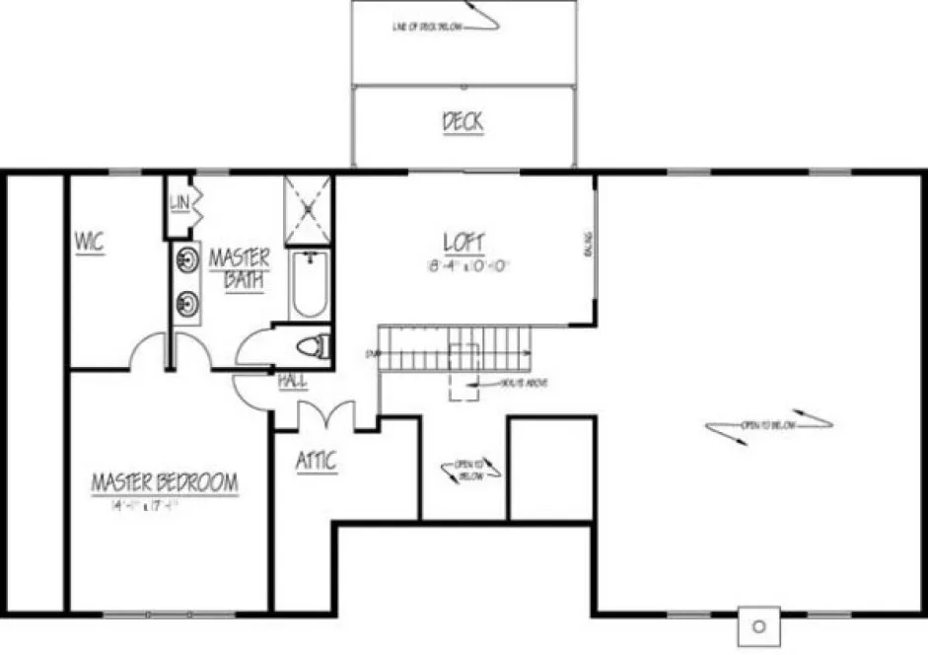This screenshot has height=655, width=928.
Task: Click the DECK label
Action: (x=463, y=122)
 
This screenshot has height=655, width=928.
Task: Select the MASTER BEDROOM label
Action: (x=165, y=483)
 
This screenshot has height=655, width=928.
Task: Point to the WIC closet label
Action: (x=90, y=240)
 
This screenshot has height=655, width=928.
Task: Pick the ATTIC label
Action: (x=316, y=461)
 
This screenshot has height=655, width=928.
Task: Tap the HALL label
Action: (x=291, y=380)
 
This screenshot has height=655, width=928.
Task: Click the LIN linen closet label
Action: (x=178, y=202)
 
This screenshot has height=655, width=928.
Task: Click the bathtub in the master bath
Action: (x=309, y=284)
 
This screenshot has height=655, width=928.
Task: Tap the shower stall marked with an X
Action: (x=308, y=209)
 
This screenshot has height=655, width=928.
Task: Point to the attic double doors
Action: (x=324, y=415)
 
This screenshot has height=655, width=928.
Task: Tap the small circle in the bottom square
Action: (x=759, y=625)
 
